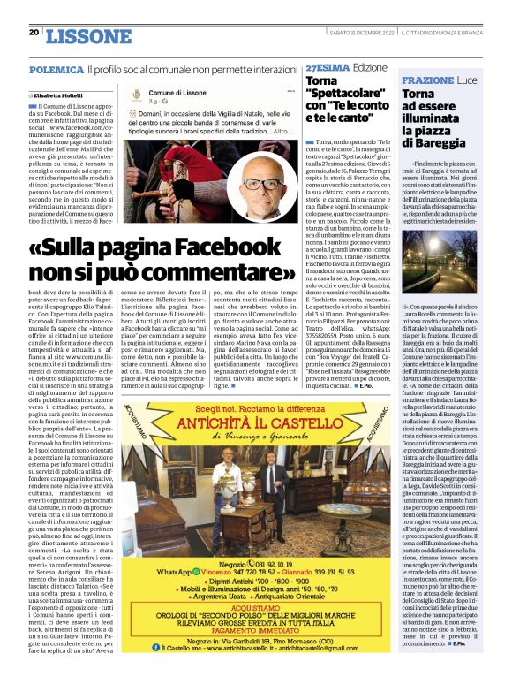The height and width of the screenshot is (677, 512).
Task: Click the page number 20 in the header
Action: (x=34, y=33)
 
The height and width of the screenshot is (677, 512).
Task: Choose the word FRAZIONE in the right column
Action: (x=428, y=80)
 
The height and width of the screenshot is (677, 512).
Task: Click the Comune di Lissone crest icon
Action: (x=135, y=98)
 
